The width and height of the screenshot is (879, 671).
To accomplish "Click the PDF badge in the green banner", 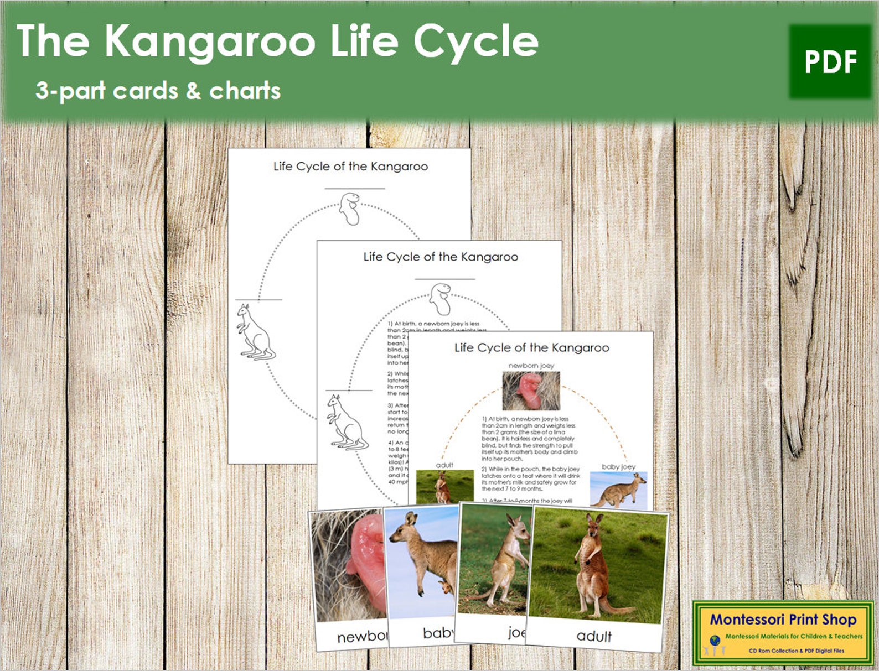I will pyautogui.click(x=830, y=61).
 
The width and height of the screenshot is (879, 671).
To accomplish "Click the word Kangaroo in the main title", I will pyautogui.click(x=210, y=42).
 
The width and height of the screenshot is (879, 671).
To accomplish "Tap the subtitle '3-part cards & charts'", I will pyautogui.click(x=158, y=91).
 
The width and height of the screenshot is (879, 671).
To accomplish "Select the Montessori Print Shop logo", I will pyautogui.click(x=783, y=632).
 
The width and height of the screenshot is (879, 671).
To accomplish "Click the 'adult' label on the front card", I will pyautogui.click(x=594, y=636).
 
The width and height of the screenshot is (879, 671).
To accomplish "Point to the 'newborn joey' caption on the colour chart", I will pyautogui.click(x=531, y=366).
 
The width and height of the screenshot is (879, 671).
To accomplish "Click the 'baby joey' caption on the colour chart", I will pyautogui.click(x=618, y=467).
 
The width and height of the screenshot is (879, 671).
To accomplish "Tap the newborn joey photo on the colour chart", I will pyautogui.click(x=531, y=391).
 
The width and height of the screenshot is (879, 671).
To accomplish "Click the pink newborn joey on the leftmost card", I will pyautogui.click(x=365, y=559).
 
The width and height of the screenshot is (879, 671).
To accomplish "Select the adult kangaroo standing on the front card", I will pyautogui.click(x=591, y=564).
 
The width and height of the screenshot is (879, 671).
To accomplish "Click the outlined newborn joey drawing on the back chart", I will pyautogui.click(x=350, y=209).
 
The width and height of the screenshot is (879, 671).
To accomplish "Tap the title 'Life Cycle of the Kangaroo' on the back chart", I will pyautogui.click(x=350, y=167).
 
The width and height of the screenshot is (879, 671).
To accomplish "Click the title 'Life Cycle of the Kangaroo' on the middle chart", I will pyautogui.click(x=441, y=257).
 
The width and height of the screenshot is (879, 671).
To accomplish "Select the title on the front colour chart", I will pyautogui.click(x=531, y=348).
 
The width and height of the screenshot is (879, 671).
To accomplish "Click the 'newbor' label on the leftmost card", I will pyautogui.click(x=362, y=637).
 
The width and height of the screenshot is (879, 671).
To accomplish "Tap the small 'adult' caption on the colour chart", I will pyautogui.click(x=444, y=465).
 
